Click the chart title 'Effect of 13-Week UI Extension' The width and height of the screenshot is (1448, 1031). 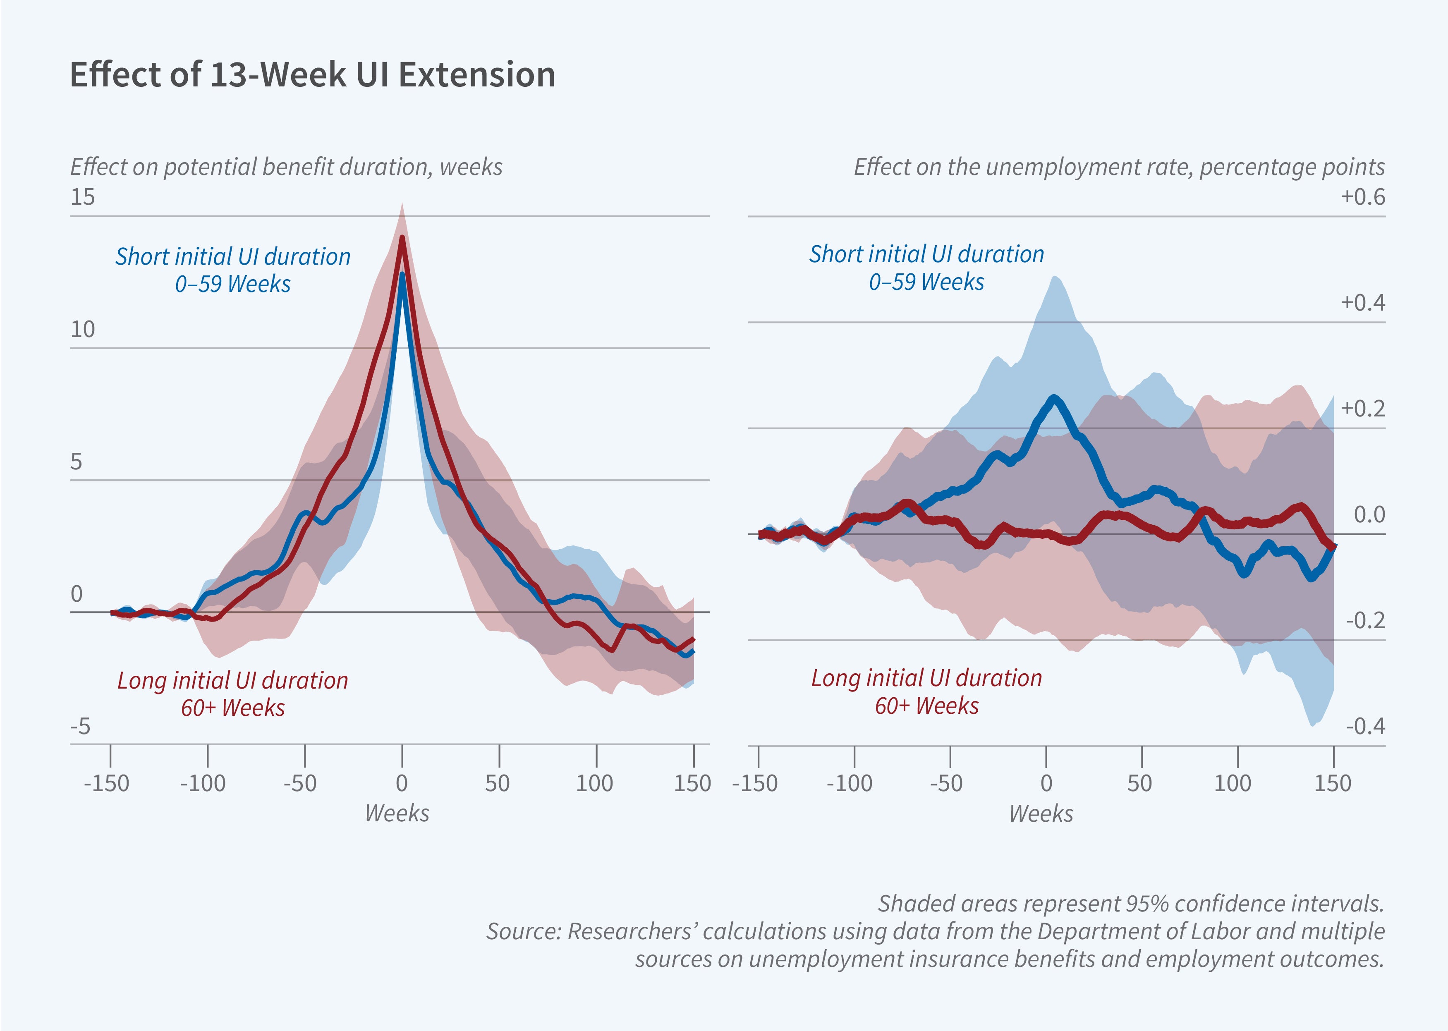[312, 75]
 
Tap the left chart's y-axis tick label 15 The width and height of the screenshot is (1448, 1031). [83, 197]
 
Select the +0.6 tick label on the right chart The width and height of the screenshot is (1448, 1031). [1362, 197]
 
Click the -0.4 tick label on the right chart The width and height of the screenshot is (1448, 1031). [1365, 726]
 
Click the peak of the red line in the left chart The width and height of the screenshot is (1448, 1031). [402, 239]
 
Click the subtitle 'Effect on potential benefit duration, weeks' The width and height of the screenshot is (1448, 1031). [286, 167]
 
